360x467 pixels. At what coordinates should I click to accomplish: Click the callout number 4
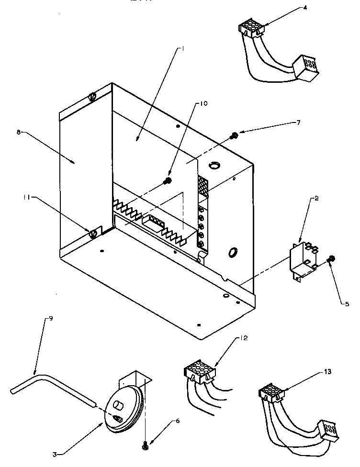point(292,8)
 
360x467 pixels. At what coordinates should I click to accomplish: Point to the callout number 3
point(55,454)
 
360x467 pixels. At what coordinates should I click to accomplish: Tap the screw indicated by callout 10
point(168,181)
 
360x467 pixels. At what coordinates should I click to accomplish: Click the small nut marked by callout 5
point(331,259)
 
